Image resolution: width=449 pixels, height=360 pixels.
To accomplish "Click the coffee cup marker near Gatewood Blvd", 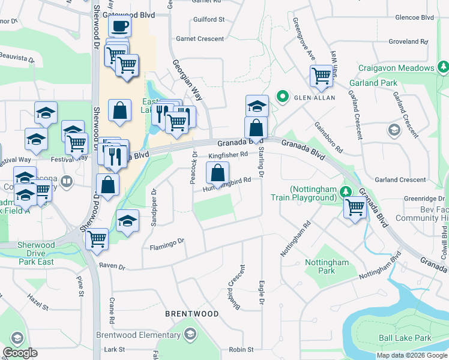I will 120,26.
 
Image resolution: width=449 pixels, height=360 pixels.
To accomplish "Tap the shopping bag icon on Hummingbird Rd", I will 217,173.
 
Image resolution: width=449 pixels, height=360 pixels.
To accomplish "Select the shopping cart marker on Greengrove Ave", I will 322,76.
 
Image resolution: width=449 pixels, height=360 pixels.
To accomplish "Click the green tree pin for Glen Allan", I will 281,96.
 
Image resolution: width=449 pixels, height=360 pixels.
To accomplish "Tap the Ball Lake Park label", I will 405,338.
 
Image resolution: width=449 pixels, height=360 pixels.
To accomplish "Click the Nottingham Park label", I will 327,266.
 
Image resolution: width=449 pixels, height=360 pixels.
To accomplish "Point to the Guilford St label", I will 209,19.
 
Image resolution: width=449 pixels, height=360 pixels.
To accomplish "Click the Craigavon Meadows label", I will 396,68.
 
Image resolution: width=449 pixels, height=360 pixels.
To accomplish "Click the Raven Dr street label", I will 112,265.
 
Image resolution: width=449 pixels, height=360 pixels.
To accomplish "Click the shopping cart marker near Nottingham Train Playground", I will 355,208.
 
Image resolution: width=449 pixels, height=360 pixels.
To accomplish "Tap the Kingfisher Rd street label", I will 228,155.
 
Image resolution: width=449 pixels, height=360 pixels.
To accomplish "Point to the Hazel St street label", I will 37,302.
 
